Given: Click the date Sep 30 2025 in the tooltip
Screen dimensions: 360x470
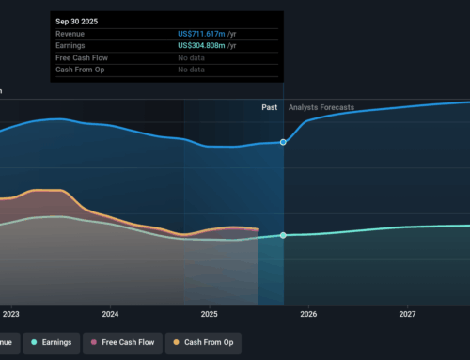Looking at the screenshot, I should [76, 20].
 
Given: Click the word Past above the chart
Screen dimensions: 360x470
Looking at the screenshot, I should [270, 108].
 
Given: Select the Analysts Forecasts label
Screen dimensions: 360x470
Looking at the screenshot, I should [321, 108].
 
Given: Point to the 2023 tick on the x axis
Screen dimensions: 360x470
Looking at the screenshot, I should [11, 313].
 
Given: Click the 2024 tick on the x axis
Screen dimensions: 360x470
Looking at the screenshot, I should [110, 313].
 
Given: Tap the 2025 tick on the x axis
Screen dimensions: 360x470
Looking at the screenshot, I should [210, 313].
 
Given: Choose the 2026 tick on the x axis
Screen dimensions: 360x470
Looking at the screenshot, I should [308, 313].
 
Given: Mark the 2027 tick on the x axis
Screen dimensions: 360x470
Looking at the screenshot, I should [407, 313].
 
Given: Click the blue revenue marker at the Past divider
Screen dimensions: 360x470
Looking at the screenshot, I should [284, 142].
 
